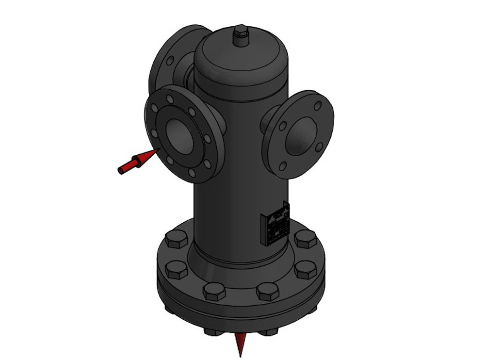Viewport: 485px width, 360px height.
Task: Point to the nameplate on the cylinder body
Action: [275, 223]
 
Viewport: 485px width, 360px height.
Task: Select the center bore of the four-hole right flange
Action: [301, 136]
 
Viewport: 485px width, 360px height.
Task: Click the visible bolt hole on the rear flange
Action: [170, 61]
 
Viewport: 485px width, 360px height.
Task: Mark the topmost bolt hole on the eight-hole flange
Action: [170, 99]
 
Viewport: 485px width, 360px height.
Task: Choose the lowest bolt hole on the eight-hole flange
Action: [192, 172]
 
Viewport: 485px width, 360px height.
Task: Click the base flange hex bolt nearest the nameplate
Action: [305, 239]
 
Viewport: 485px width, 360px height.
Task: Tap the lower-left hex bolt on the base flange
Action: [176, 269]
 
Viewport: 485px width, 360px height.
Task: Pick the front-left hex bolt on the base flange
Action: [214, 291]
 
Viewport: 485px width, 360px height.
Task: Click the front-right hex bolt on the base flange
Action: [268, 291]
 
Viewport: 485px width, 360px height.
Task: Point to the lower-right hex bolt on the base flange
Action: [306, 269]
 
